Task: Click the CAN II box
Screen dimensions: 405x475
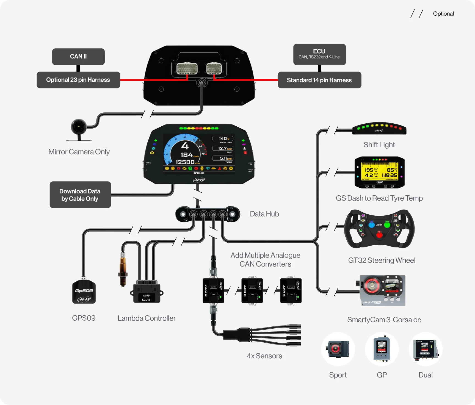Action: (78, 57)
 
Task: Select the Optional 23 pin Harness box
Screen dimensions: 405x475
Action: (78, 80)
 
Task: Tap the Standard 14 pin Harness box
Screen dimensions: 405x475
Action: (319, 80)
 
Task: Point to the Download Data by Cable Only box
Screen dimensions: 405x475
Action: (80, 195)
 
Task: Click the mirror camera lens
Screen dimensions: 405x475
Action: (79, 127)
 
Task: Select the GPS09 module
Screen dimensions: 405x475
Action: (84, 292)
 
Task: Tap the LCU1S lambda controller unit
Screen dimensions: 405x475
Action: (147, 293)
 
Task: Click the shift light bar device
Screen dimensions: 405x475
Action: (379, 128)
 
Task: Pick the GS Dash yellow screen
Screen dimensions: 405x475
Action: (380, 172)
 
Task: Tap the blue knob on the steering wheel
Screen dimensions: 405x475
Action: (371, 225)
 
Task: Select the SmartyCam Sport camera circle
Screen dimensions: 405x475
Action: (338, 349)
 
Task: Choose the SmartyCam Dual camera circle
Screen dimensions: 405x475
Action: (426, 349)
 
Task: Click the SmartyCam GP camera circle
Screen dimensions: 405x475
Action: (382, 349)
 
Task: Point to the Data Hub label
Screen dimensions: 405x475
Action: (264, 214)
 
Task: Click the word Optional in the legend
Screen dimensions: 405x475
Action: (443, 14)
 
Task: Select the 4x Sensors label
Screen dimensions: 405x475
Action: (264, 356)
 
